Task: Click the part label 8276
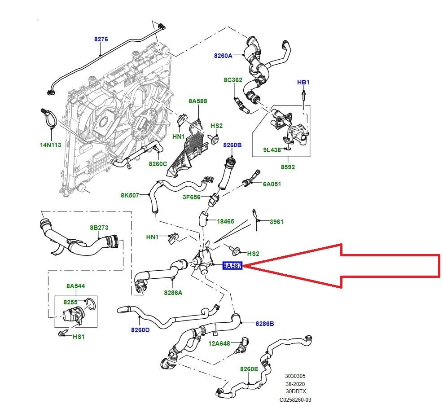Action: tap(101, 40)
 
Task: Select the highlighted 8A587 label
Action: tap(233, 266)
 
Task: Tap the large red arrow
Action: tap(359, 266)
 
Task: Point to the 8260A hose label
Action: tap(223, 56)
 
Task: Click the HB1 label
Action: tap(303, 83)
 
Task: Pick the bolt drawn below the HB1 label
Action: tap(304, 95)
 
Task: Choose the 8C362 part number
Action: tap(233, 80)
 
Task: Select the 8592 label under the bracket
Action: tap(288, 167)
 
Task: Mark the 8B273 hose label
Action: tap(99, 228)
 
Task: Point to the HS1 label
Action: tap(79, 337)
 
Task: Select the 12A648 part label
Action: tap(219, 343)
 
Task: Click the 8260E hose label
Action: tap(249, 369)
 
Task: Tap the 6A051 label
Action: tap(272, 184)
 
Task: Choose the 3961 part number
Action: tap(276, 222)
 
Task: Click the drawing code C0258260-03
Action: tap(295, 399)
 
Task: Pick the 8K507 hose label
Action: tap(130, 195)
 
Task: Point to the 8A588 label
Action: tap(197, 101)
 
